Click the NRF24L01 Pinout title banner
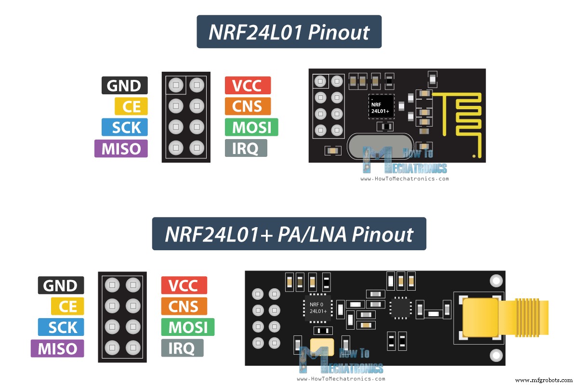289,32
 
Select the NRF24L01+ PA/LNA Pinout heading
289,234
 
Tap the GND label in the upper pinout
124,86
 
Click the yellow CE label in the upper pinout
131,106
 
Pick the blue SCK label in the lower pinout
61,327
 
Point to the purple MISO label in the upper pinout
121,148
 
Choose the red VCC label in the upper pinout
248,86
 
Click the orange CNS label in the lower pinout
184,307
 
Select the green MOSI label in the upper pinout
251,127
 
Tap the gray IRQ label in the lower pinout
182,348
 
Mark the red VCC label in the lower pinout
184,285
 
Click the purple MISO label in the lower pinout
57,348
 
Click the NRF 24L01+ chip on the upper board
381,107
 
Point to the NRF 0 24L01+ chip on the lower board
318,308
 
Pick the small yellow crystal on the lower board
322,347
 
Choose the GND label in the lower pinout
61,285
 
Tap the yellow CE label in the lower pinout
67,307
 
